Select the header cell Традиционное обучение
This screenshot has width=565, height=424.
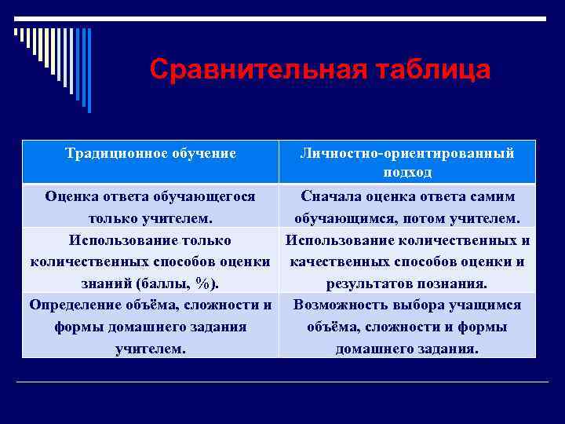pos(151,153)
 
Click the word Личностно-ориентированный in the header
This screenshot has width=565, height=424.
pos(407,153)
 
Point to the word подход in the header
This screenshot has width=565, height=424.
pos(407,172)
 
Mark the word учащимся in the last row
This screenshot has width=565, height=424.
pos(487,305)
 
